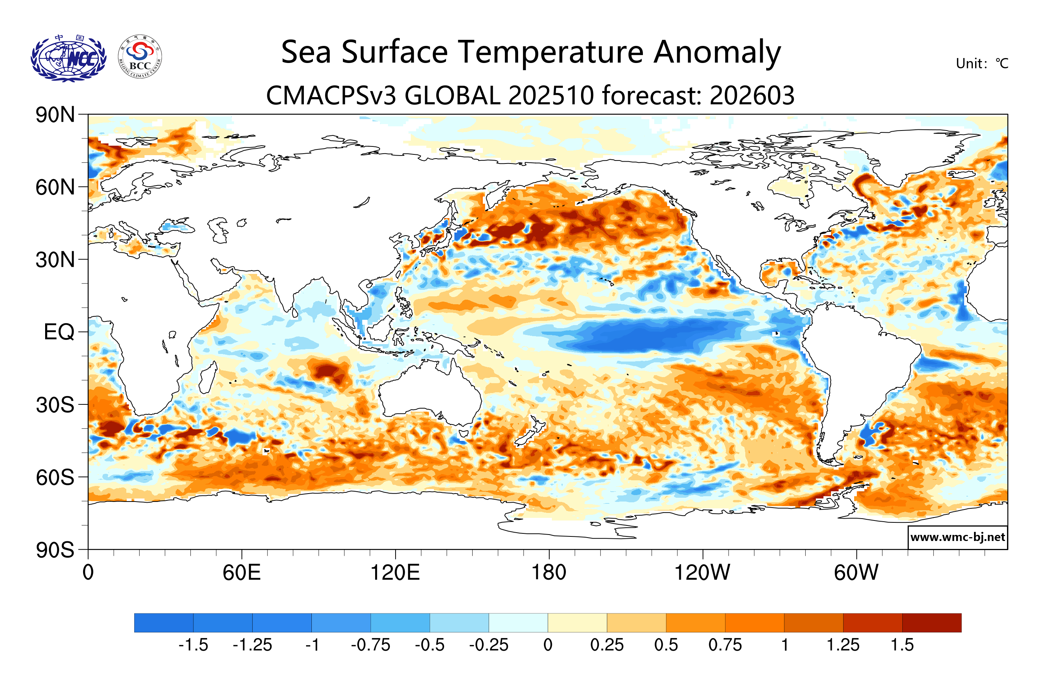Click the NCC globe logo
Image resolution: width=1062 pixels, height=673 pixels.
tap(68, 59)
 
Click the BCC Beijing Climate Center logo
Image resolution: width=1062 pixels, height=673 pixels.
tap(140, 57)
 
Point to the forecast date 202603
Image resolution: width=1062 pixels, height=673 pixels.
tap(752, 95)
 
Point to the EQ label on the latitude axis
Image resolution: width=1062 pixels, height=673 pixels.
tap(59, 332)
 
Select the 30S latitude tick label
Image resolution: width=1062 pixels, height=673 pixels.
tap(55, 404)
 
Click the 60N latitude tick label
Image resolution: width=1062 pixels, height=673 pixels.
tap(55, 187)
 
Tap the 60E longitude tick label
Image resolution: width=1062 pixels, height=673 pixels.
tap(241, 572)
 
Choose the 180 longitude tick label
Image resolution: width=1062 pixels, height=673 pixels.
tap(549, 572)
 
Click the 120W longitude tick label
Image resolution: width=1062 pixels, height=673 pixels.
tap(702, 572)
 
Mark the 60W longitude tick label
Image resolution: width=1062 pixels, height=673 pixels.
tap(856, 572)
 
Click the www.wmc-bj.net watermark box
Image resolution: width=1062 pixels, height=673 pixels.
tap(957, 537)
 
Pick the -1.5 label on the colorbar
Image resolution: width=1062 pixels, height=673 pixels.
tap(193, 645)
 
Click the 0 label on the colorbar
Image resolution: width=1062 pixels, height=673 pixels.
tap(548, 645)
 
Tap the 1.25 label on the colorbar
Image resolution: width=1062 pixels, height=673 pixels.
tap(843, 645)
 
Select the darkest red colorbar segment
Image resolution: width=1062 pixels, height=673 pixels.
tap(932, 622)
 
